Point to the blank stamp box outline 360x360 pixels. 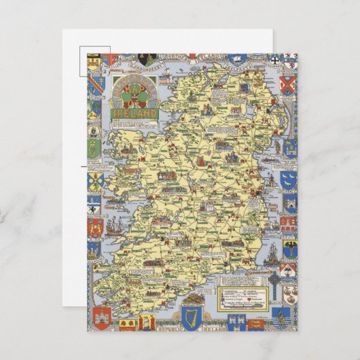click(94, 63)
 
